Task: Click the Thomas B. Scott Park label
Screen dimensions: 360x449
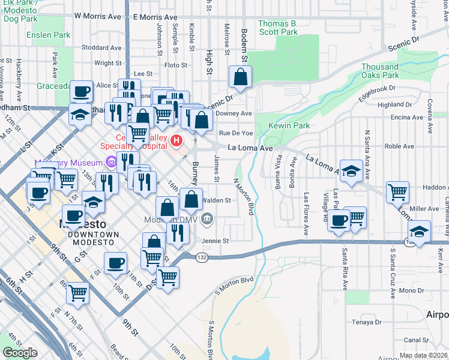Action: (277, 28)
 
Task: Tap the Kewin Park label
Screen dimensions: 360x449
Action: (289, 125)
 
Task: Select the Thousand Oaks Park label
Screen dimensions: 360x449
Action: (380, 71)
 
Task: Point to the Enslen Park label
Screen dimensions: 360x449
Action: (48, 35)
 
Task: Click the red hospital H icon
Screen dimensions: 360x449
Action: (176, 141)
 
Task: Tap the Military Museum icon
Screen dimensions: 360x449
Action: (110, 161)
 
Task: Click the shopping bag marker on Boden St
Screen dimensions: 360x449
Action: (240, 77)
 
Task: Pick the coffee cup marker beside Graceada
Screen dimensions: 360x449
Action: (82, 92)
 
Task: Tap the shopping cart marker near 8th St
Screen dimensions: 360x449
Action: (78, 293)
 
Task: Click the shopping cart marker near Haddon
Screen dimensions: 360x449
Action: (397, 192)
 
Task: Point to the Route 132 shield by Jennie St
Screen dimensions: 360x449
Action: (202, 257)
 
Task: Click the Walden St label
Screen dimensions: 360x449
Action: (217, 200)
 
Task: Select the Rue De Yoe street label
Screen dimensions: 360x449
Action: (236, 133)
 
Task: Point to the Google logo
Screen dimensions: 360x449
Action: (20, 353)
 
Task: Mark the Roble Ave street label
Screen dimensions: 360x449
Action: (399, 146)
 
